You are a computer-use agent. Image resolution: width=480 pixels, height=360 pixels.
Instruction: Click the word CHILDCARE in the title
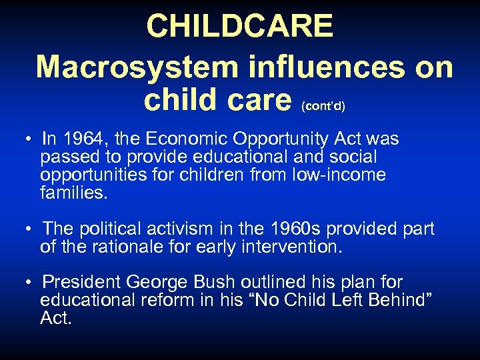pos(239,26)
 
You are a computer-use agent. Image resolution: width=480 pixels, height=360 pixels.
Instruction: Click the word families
pos(73,193)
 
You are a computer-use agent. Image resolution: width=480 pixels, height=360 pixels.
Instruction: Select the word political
pos(111,229)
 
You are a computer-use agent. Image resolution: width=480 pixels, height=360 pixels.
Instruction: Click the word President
pos(81,283)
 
